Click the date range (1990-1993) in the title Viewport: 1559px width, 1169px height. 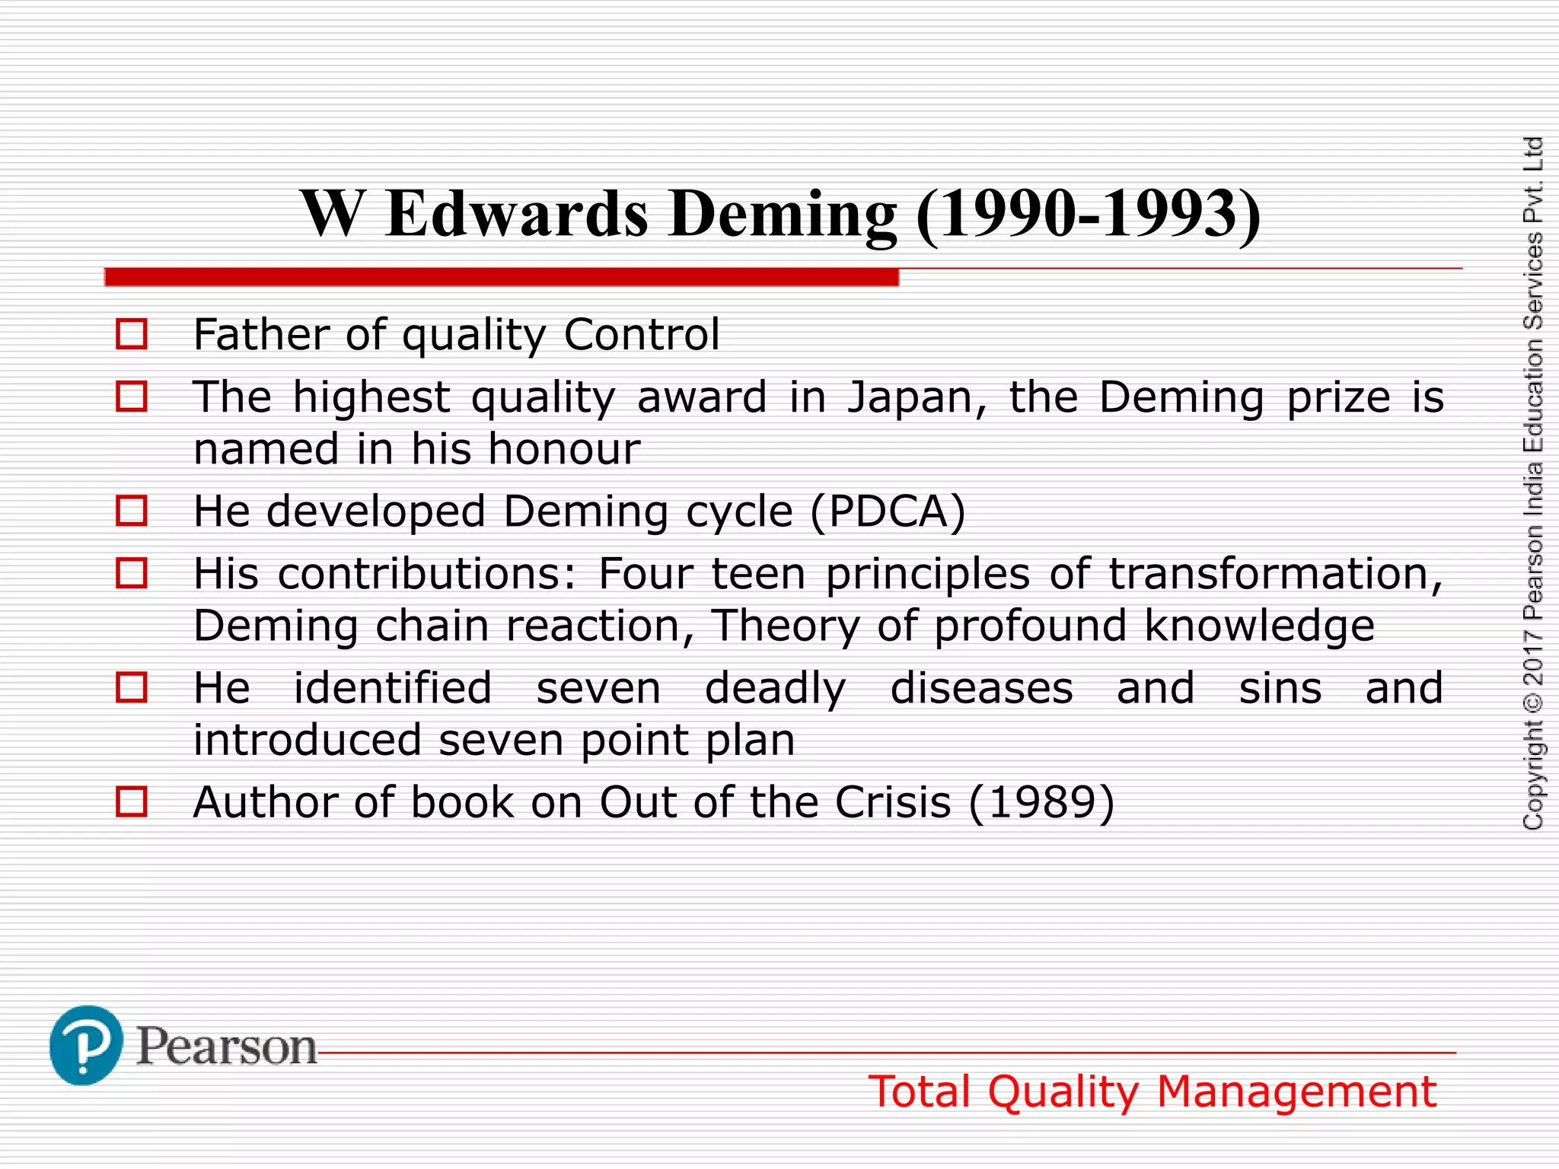1089,215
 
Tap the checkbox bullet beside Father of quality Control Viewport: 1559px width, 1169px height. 131,334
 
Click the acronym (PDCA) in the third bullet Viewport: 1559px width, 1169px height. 888,511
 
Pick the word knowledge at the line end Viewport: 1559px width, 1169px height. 1259,626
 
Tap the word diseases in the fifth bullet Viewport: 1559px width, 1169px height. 981,689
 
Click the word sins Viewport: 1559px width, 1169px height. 1280,689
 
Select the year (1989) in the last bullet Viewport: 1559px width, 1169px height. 1041,803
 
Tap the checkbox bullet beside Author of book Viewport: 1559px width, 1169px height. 131,802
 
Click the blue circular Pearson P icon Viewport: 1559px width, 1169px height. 86,1045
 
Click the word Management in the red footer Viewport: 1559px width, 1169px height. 1296,1092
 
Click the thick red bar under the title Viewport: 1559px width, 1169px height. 502,277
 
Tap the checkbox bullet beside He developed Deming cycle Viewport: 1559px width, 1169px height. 131,511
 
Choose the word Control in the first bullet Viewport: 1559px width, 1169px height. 642,335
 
